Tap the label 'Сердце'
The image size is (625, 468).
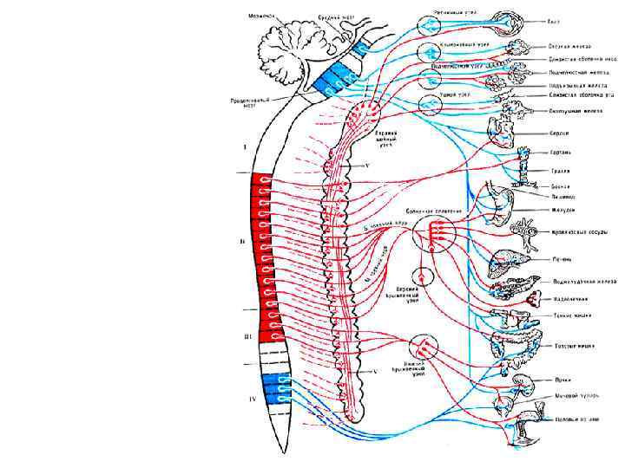coord(560,133)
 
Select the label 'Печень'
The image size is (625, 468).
coord(562,258)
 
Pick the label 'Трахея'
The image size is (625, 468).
coord(560,171)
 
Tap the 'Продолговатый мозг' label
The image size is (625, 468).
coord(247,103)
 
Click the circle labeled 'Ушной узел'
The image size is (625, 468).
coord(431,104)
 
